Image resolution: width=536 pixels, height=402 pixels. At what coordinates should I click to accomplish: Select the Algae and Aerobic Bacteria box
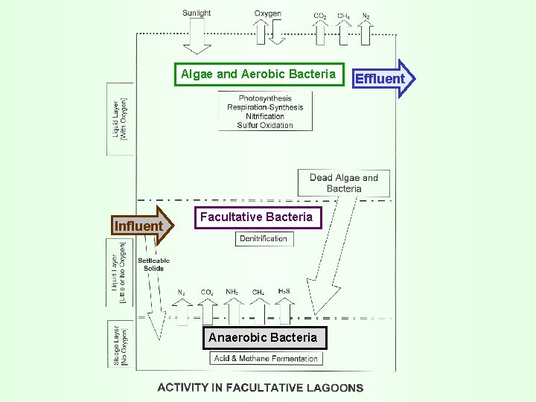pos(258,74)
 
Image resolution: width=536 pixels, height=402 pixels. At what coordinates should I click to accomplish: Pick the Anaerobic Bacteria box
pos(263,337)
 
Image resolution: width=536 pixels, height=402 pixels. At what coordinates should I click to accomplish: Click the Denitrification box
pos(264,239)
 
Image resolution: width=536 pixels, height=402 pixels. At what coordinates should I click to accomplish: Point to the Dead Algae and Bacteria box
pos(344,183)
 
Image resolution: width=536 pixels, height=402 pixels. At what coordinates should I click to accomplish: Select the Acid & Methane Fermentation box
pos(266,358)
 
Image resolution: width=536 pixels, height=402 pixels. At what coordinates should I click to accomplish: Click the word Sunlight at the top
pos(197,13)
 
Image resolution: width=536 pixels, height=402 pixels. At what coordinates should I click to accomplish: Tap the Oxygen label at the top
pos(267,13)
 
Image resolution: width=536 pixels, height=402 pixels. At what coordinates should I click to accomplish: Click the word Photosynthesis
pos(265,98)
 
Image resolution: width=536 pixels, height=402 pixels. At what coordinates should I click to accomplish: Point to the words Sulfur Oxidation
pos(265,125)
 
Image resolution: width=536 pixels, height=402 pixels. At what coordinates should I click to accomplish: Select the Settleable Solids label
pos(153,264)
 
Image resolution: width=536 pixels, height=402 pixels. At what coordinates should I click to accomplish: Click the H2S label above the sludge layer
pos(284,291)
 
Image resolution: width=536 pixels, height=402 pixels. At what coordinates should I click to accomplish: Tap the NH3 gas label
pos(232,292)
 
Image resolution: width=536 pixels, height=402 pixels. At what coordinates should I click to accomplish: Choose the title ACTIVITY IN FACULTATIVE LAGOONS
pos(261,387)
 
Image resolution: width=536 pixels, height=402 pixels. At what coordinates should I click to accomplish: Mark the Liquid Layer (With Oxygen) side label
pos(120,118)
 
